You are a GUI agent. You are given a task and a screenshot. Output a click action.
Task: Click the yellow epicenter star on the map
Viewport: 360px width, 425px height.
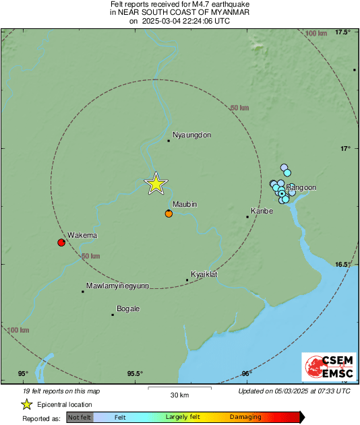coord(156,183)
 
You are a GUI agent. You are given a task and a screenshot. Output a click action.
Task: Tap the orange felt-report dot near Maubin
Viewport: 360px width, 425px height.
coord(169,214)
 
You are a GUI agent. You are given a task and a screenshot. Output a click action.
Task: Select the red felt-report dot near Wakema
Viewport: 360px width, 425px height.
coord(61,242)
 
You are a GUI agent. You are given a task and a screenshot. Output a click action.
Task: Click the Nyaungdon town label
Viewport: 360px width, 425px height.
coord(193,135)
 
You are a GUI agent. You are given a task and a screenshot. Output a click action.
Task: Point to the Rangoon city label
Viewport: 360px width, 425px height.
coord(301,187)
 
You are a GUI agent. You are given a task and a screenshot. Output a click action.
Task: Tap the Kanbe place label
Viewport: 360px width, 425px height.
coord(262,211)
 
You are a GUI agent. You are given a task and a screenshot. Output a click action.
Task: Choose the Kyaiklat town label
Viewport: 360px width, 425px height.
coord(204,275)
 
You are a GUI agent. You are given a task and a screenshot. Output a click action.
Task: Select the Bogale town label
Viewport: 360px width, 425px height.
coord(128,308)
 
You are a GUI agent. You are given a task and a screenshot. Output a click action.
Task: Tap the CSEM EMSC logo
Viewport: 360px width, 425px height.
coord(326,368)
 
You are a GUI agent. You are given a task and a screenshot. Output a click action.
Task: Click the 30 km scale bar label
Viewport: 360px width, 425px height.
coord(179,394)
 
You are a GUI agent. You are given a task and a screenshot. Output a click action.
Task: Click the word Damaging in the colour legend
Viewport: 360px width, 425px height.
coord(245,417)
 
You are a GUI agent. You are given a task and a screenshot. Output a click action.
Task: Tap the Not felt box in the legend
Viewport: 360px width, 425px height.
coord(80,418)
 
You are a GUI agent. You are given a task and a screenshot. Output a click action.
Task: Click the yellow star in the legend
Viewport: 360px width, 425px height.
coord(26,404)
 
